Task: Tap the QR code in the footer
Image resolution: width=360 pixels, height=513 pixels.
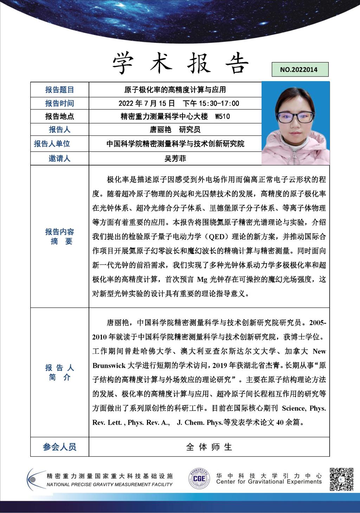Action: (341, 479)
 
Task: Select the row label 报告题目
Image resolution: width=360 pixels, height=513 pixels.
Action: (59, 90)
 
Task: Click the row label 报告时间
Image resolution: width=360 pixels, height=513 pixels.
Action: (59, 103)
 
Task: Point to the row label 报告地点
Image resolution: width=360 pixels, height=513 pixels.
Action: (59, 116)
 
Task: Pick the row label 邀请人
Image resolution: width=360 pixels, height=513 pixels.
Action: (59, 158)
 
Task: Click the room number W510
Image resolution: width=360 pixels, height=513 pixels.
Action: (222, 116)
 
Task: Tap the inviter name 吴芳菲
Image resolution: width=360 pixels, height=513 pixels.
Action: (175, 158)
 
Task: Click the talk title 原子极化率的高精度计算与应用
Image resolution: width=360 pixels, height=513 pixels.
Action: (175, 90)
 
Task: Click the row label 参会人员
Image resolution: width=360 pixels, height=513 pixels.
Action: (59, 447)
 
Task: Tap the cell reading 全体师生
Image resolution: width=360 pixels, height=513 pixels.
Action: (209, 447)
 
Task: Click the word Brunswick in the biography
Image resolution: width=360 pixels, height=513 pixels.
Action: (109, 365)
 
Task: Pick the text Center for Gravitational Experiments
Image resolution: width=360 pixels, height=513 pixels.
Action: (269, 482)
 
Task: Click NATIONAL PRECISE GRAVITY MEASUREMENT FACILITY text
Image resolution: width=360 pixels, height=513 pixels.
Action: (109, 484)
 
